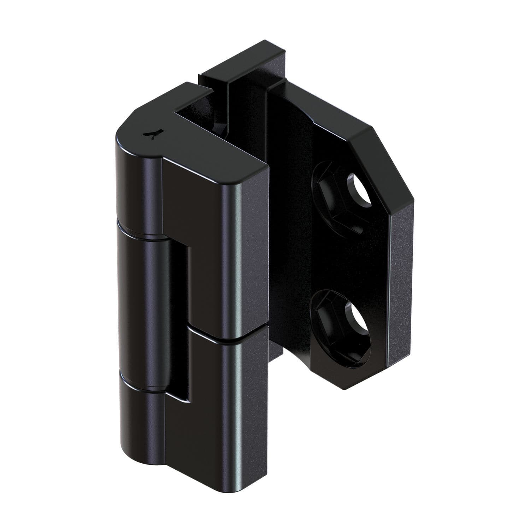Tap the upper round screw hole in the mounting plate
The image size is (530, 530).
(x=359, y=189)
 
